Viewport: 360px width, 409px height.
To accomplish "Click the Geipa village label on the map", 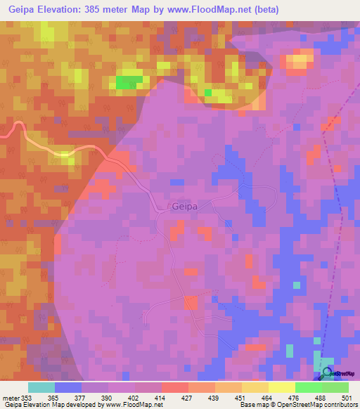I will point(185,207).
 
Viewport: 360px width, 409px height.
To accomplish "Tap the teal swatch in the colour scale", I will point(41,387).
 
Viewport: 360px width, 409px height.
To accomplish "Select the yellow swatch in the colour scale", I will point(281,387).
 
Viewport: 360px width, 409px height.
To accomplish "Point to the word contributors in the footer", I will point(337,405).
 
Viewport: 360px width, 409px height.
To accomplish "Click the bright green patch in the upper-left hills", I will point(127,82).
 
